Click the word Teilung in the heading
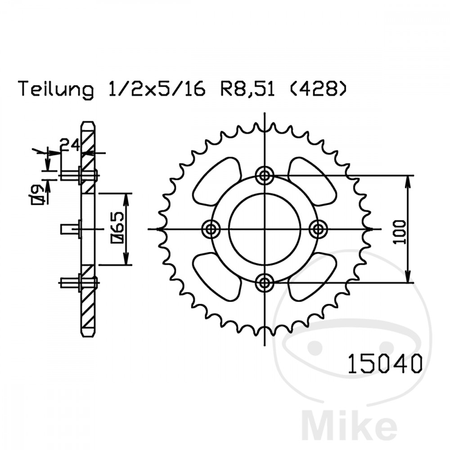point(56,90)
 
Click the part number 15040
point(385,365)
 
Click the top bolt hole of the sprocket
point(264,175)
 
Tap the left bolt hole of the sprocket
point(210,229)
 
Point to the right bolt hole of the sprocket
point(319,229)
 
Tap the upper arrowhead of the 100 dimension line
point(408,180)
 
